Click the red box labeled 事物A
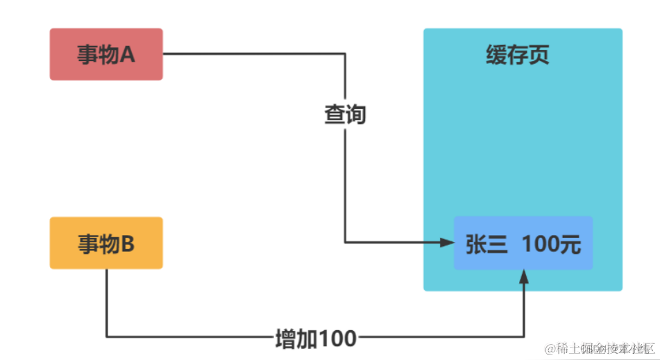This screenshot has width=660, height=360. (x=106, y=54)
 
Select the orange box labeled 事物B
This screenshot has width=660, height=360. (x=106, y=243)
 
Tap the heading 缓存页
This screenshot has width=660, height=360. (x=518, y=55)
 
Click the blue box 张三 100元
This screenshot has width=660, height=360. (x=523, y=243)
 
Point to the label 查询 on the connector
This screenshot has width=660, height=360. (x=345, y=114)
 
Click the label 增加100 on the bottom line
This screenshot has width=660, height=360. (x=316, y=338)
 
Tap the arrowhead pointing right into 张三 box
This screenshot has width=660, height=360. (x=446, y=242)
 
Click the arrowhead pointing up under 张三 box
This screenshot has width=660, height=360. (x=524, y=276)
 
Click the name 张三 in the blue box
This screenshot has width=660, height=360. (x=486, y=244)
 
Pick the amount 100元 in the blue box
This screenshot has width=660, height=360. (x=552, y=244)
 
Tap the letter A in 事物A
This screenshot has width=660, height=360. (x=127, y=55)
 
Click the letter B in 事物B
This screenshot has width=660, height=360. (x=127, y=243)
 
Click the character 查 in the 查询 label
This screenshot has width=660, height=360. (x=335, y=114)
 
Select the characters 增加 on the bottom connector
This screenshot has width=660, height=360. (x=297, y=338)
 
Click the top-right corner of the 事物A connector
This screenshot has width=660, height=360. (x=345, y=54)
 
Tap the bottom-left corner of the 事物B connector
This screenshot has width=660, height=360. (x=106, y=337)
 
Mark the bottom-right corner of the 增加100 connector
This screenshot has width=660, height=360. (x=524, y=337)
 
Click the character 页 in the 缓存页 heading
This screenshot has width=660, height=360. (x=539, y=55)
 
